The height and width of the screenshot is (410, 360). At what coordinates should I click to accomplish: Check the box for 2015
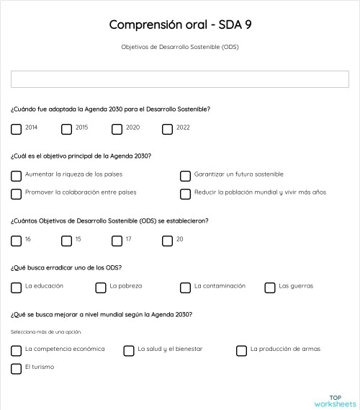pos(66,130)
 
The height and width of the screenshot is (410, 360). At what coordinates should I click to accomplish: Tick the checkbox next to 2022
pos(167,130)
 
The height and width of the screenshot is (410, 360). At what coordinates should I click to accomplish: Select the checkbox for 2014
pos(16,130)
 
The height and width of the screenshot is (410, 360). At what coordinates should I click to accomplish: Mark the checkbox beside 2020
pos(117,130)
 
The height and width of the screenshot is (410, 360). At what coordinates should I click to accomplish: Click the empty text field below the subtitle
pos(180,79)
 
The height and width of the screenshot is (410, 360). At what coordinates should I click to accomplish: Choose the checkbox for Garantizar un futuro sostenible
pos(185,176)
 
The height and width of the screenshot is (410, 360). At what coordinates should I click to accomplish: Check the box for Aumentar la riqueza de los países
pos(16,176)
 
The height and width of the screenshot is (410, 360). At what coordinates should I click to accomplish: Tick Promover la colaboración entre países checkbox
pos(16,194)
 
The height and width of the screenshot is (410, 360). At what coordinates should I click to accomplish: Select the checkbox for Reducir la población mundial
pos(185,194)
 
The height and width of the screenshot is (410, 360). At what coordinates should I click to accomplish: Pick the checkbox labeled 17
pos(117,241)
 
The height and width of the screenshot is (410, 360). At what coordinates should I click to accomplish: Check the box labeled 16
pos(16,241)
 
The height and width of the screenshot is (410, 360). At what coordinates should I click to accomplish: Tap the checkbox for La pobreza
pos(101,288)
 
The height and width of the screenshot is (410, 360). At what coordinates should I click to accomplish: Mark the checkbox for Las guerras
pos(270,288)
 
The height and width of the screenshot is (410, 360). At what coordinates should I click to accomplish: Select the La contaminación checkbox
pos(185,288)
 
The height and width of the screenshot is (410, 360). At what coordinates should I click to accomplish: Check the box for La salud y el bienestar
pos(129,351)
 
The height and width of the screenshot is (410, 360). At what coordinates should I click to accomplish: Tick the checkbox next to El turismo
pos(16,369)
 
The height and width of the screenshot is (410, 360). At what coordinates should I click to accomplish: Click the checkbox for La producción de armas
pos(242,351)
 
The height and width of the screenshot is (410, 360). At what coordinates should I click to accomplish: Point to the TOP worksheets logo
pos(335,401)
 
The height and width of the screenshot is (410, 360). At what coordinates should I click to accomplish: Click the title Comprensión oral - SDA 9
pos(180,24)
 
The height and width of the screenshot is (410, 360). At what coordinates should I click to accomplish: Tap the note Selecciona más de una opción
pos(46,332)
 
